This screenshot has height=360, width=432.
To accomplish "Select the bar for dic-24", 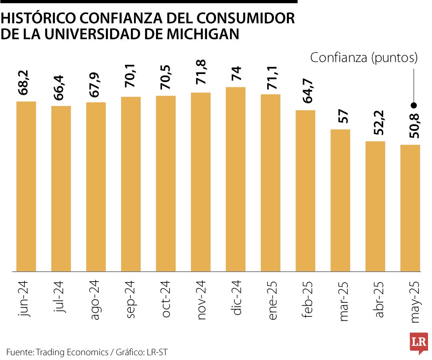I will pyautogui.click(x=236, y=179).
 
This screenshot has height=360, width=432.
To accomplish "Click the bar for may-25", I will pyautogui.click(x=410, y=208).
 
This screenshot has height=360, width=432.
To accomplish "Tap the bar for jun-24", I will pyautogui.click(x=26, y=186).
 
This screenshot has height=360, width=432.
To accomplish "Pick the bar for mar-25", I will pyautogui.click(x=340, y=200).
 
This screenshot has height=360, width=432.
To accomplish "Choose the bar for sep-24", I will pyautogui.click(x=131, y=184).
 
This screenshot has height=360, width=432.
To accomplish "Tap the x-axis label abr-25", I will pyautogui.click(x=377, y=299).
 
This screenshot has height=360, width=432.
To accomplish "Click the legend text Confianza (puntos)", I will pyautogui.click(x=364, y=58).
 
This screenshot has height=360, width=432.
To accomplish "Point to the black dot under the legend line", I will pyautogui.click(x=414, y=106).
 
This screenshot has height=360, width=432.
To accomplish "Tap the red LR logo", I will pyautogui.click(x=419, y=342).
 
